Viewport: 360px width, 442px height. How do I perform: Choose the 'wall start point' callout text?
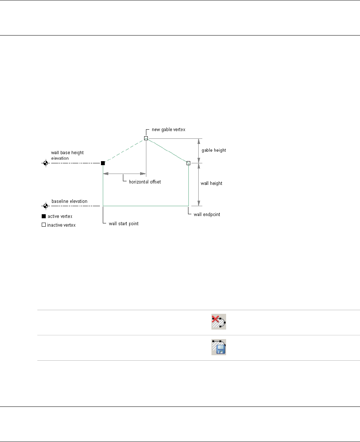[x=124, y=223]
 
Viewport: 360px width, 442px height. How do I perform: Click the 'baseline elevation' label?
[x=70, y=201]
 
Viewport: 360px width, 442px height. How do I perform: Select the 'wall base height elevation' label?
[x=64, y=155]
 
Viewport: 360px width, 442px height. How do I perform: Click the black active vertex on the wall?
[x=103, y=163]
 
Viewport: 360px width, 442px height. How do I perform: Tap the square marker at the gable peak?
[x=146, y=138]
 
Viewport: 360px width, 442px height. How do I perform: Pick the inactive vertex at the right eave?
[x=188, y=163]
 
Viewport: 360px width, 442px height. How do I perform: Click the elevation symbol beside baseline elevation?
[x=45, y=206]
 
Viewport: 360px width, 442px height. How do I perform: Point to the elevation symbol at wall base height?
[x=45, y=163]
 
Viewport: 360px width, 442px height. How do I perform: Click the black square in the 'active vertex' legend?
[x=44, y=216]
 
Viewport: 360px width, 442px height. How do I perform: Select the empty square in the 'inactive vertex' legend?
[x=44, y=225]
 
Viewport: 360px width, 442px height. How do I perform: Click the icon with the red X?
[x=219, y=322]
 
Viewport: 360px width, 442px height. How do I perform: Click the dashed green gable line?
[x=124, y=151]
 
